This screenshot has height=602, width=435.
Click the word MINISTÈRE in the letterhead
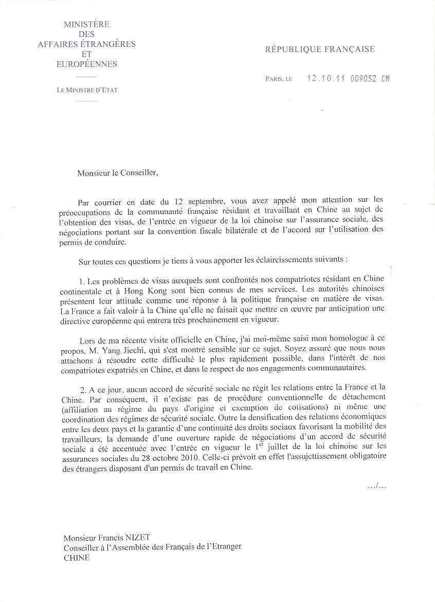pyautogui.click(x=86, y=24)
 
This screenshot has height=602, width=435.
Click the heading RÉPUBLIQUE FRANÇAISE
pyautogui.click(x=320, y=49)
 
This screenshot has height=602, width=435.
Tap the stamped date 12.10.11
pyautogui.click(x=324, y=79)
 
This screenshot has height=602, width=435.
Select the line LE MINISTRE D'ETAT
pyautogui.click(x=87, y=90)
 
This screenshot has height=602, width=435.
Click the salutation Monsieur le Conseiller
pyautogui.click(x=118, y=173)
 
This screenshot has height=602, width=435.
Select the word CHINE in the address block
pyautogui.click(x=77, y=558)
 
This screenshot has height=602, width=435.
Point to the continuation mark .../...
pyautogui.click(x=377, y=486)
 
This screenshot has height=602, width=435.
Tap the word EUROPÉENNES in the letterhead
pyautogui.click(x=86, y=64)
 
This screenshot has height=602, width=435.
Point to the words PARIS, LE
pyautogui.click(x=279, y=79)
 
